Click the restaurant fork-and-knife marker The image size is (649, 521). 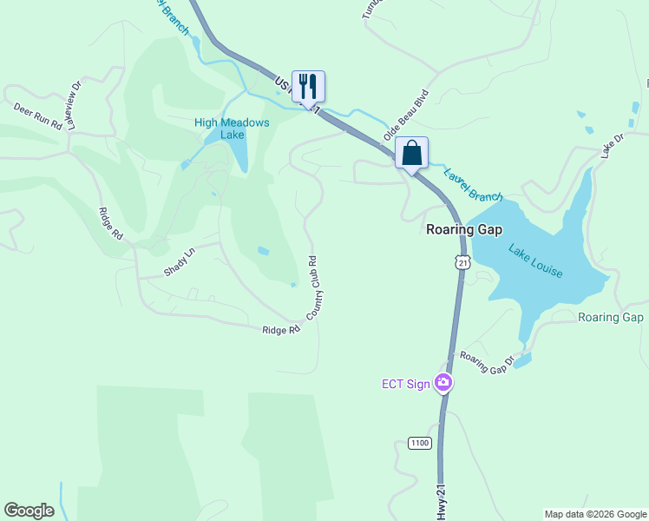click(308, 86)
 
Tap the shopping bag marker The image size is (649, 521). click(412, 153)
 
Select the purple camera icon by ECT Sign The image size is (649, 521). click(443, 383)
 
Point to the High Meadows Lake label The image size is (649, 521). click(232, 129)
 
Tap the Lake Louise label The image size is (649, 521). click(535, 262)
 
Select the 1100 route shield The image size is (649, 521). click(419, 443)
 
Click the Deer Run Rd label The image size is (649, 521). click(38, 115)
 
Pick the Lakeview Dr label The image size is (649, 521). click(71, 105)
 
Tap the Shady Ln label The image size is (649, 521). click(180, 263)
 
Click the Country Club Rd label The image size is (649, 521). click(314, 286)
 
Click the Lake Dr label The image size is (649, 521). click(613, 145)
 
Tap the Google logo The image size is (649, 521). click(29, 511)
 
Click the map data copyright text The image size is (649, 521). click(594, 514)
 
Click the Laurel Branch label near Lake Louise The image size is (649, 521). click(473, 184)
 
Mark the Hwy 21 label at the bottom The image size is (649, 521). click(442, 503)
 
